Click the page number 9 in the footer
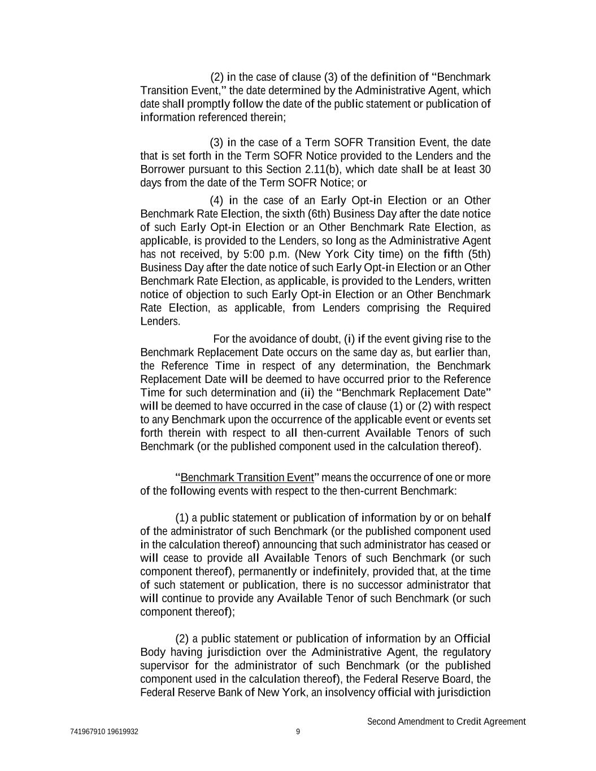(298, 732)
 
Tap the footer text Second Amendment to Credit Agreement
(446, 721)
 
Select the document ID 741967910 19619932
(105, 732)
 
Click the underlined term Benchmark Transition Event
(247, 477)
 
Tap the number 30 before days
(485, 169)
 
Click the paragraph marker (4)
(217, 201)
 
